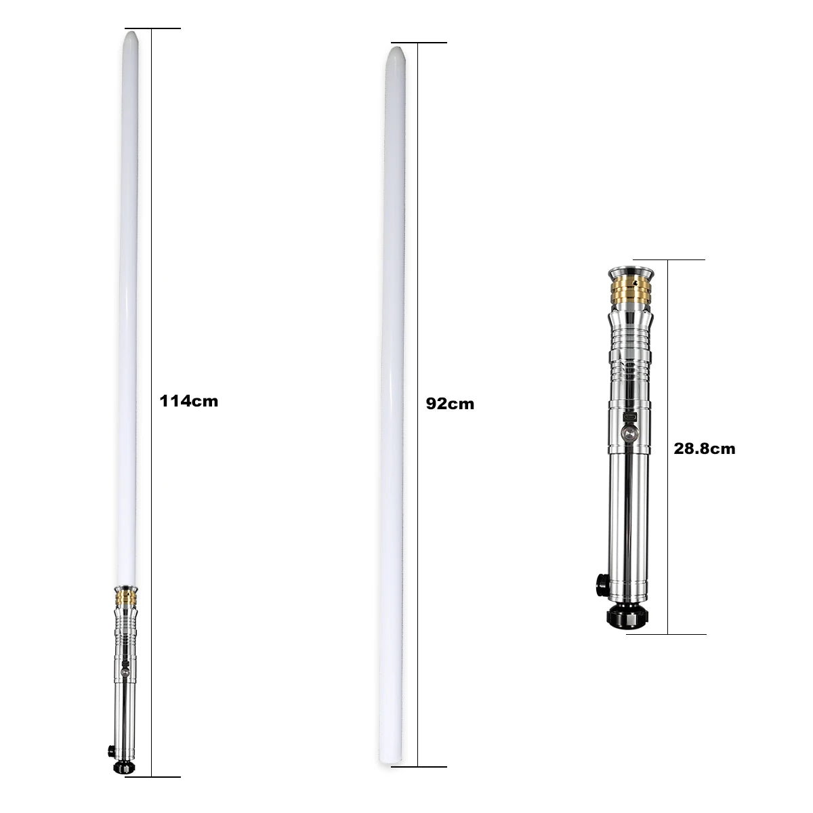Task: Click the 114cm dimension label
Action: [188, 401]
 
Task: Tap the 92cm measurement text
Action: [450, 404]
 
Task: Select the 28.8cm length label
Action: [704, 449]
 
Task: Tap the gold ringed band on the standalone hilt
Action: [631, 291]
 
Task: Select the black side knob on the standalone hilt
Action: [601, 586]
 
